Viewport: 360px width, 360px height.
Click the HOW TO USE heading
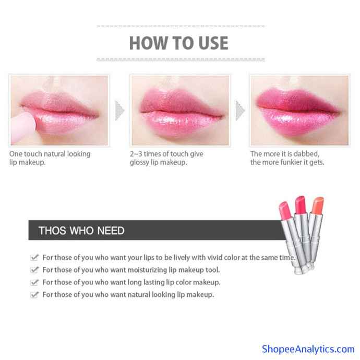(178, 43)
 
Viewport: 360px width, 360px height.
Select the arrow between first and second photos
(119, 110)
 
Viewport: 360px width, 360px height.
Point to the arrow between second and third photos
(240, 110)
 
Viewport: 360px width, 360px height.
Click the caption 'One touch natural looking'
(50, 154)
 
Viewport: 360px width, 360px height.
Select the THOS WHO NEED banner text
(81, 231)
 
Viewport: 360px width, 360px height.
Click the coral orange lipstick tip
(318, 205)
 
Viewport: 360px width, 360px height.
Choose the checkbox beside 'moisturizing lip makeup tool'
(34, 270)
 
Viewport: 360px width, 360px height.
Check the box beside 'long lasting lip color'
(34, 282)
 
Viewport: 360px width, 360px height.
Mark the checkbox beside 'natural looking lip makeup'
(34, 295)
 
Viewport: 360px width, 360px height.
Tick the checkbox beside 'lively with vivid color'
(34, 257)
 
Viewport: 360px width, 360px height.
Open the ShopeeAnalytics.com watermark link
(308, 349)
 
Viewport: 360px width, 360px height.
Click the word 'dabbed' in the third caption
(306, 153)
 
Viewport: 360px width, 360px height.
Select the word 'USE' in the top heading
(213, 43)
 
